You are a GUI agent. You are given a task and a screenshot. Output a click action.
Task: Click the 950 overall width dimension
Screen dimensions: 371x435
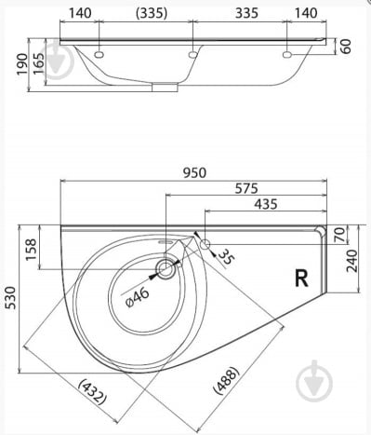click(194, 172)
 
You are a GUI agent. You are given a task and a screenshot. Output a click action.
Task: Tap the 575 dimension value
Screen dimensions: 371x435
click(246, 188)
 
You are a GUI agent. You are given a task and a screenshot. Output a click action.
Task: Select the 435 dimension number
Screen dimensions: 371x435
click(266, 204)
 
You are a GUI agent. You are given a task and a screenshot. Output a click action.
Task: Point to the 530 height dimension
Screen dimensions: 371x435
click(11, 298)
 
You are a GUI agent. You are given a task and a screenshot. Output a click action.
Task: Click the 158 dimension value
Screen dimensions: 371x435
click(31, 250)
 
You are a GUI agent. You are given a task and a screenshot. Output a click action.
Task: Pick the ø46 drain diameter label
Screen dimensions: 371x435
click(138, 297)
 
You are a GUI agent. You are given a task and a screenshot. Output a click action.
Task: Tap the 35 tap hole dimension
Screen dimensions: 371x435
click(226, 257)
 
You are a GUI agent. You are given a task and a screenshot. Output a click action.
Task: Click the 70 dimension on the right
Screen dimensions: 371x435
click(340, 235)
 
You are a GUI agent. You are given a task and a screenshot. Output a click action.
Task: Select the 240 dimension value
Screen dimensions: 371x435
click(351, 261)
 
